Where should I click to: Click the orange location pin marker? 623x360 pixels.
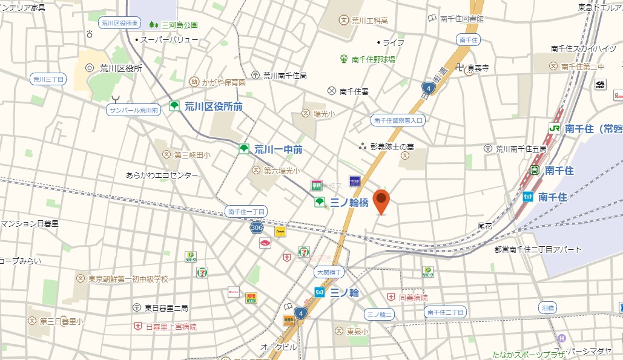coord(381,200)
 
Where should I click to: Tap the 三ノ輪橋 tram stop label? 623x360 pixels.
coord(349,203)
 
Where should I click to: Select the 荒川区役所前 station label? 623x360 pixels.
coord(213,106)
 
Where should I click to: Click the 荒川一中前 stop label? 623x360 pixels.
coord(278,149)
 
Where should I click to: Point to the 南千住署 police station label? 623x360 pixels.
coord(354,91)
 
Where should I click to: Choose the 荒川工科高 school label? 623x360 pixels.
coord(371,21)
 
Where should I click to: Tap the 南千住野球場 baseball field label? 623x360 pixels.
coord(374,59)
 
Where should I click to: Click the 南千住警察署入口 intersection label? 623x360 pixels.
coord(398,120)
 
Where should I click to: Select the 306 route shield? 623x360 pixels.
coord(256,227)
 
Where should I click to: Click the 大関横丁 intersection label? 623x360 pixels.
coord(329,273)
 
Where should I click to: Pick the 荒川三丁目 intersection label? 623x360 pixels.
coord(48,79)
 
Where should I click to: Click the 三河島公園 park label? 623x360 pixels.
coord(179,25)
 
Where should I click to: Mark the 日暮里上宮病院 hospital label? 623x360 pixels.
coord(171,327)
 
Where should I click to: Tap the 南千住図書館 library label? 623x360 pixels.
coord(461,19)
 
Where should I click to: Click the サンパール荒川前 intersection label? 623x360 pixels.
coord(133,110)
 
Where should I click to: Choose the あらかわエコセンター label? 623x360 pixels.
coord(162,175)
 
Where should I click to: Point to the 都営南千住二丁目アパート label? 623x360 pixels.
coord(538,249)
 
